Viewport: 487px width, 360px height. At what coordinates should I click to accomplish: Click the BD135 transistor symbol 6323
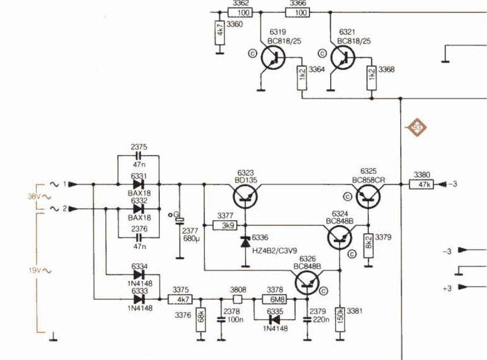pyautogui.click(x=245, y=196)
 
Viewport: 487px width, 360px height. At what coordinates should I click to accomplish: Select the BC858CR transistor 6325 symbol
pyautogui.click(x=368, y=196)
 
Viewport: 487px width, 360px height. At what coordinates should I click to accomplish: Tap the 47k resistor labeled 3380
pyautogui.click(x=421, y=184)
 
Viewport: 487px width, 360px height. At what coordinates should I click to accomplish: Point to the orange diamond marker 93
pyautogui.click(x=416, y=127)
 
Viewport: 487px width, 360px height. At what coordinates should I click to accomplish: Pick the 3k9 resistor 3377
pyautogui.click(x=225, y=226)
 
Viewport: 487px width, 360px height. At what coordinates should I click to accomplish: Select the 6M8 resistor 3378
pyautogui.click(x=275, y=299)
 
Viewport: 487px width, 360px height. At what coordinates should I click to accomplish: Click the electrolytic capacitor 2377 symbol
pyautogui.click(x=179, y=221)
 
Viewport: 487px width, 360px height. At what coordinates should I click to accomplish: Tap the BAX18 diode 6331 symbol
pyautogui.click(x=139, y=184)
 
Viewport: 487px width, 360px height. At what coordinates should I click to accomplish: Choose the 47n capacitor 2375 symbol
pyautogui.click(x=139, y=155)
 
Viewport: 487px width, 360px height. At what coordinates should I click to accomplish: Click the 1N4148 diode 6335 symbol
pyautogui.click(x=275, y=319)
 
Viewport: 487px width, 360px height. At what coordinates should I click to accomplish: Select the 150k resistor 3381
pyautogui.click(x=340, y=316)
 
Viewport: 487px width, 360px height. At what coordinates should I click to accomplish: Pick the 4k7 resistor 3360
pyautogui.click(x=220, y=33)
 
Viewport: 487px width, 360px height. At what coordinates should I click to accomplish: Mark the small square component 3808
pyautogui.click(x=237, y=299)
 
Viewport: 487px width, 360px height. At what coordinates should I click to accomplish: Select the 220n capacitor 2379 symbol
pyautogui.click(x=307, y=319)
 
